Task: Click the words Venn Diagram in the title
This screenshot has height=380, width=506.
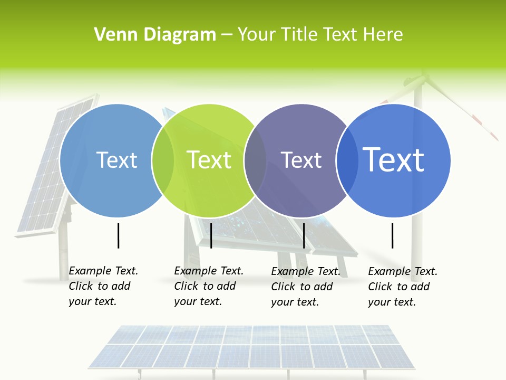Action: click(x=155, y=35)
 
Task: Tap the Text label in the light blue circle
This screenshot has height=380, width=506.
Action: click(x=116, y=160)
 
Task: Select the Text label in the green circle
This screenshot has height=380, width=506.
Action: click(x=209, y=160)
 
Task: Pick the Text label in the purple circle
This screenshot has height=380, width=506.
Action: click(x=301, y=160)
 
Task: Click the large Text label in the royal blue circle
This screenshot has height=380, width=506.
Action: click(x=394, y=160)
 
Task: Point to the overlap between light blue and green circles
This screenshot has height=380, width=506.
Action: click(x=163, y=160)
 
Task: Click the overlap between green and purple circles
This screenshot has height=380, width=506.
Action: click(x=255, y=160)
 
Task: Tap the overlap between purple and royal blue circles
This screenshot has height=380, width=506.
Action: click(x=346, y=160)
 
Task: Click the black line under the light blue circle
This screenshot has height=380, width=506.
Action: click(x=119, y=235)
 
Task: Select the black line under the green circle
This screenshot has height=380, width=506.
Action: click(x=211, y=235)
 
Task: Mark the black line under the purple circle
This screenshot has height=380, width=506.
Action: click(x=304, y=235)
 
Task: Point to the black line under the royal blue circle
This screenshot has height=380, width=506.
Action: click(x=392, y=235)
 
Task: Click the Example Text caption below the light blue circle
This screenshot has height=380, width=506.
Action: click(x=103, y=286)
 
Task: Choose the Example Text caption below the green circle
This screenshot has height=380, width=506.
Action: click(x=208, y=286)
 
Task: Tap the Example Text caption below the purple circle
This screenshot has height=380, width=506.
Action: click(x=305, y=287)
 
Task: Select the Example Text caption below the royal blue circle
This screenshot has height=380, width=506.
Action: click(x=402, y=287)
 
